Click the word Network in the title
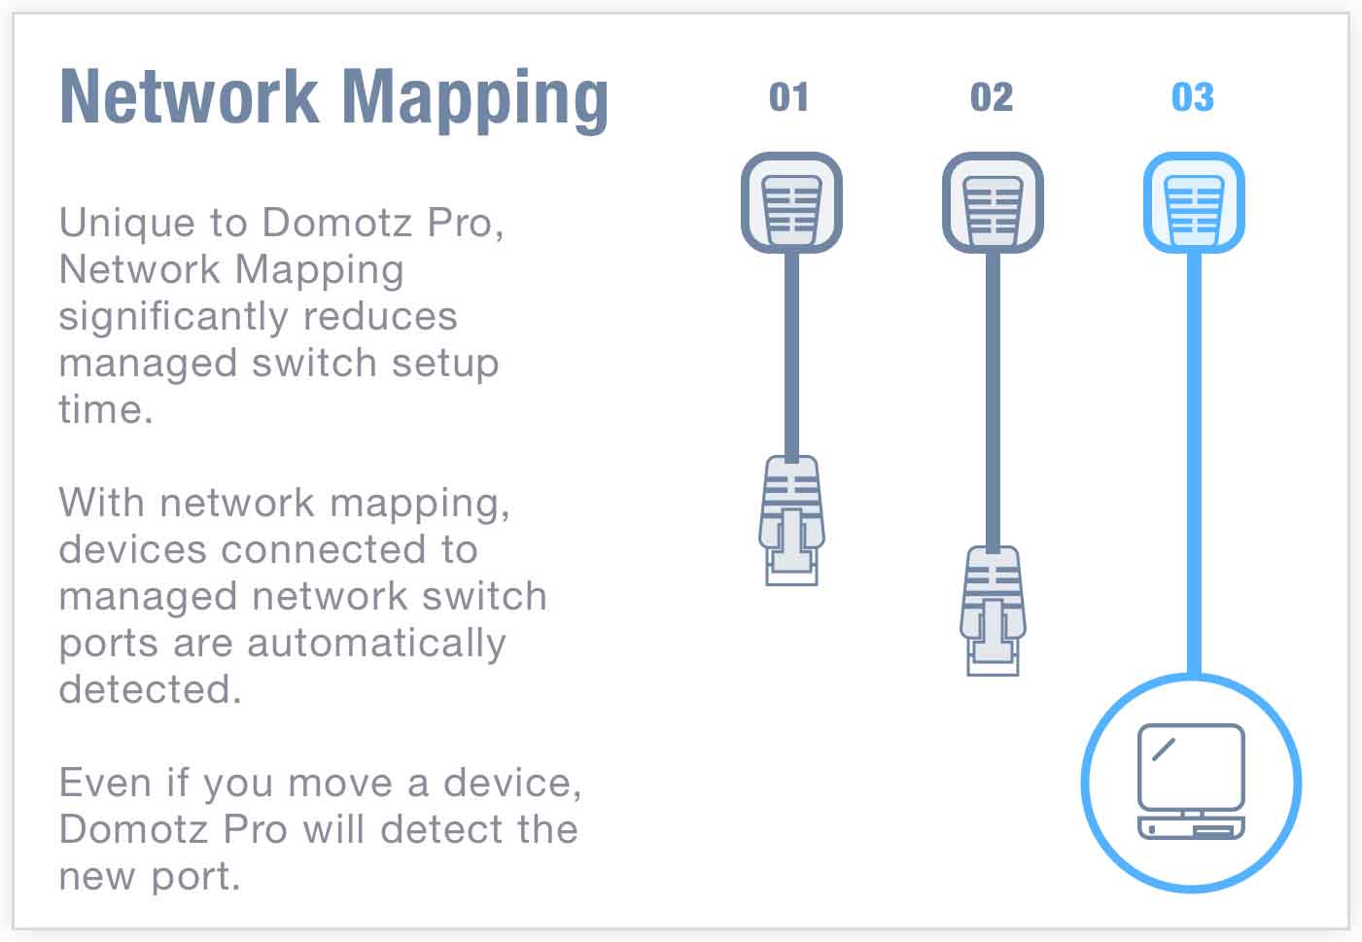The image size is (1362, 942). click(189, 97)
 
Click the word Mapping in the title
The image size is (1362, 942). click(475, 99)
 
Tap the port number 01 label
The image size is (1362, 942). click(788, 97)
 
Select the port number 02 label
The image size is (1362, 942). click(992, 97)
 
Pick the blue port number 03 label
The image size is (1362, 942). click(1193, 97)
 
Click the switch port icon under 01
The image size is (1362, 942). click(791, 203)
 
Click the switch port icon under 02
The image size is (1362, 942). click(993, 203)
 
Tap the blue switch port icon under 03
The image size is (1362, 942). click(1194, 203)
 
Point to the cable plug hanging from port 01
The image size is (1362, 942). click(791, 520)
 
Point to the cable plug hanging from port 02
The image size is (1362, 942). click(993, 610)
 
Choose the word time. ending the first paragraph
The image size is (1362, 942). click(106, 409)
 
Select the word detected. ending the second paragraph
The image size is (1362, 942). click(150, 689)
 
